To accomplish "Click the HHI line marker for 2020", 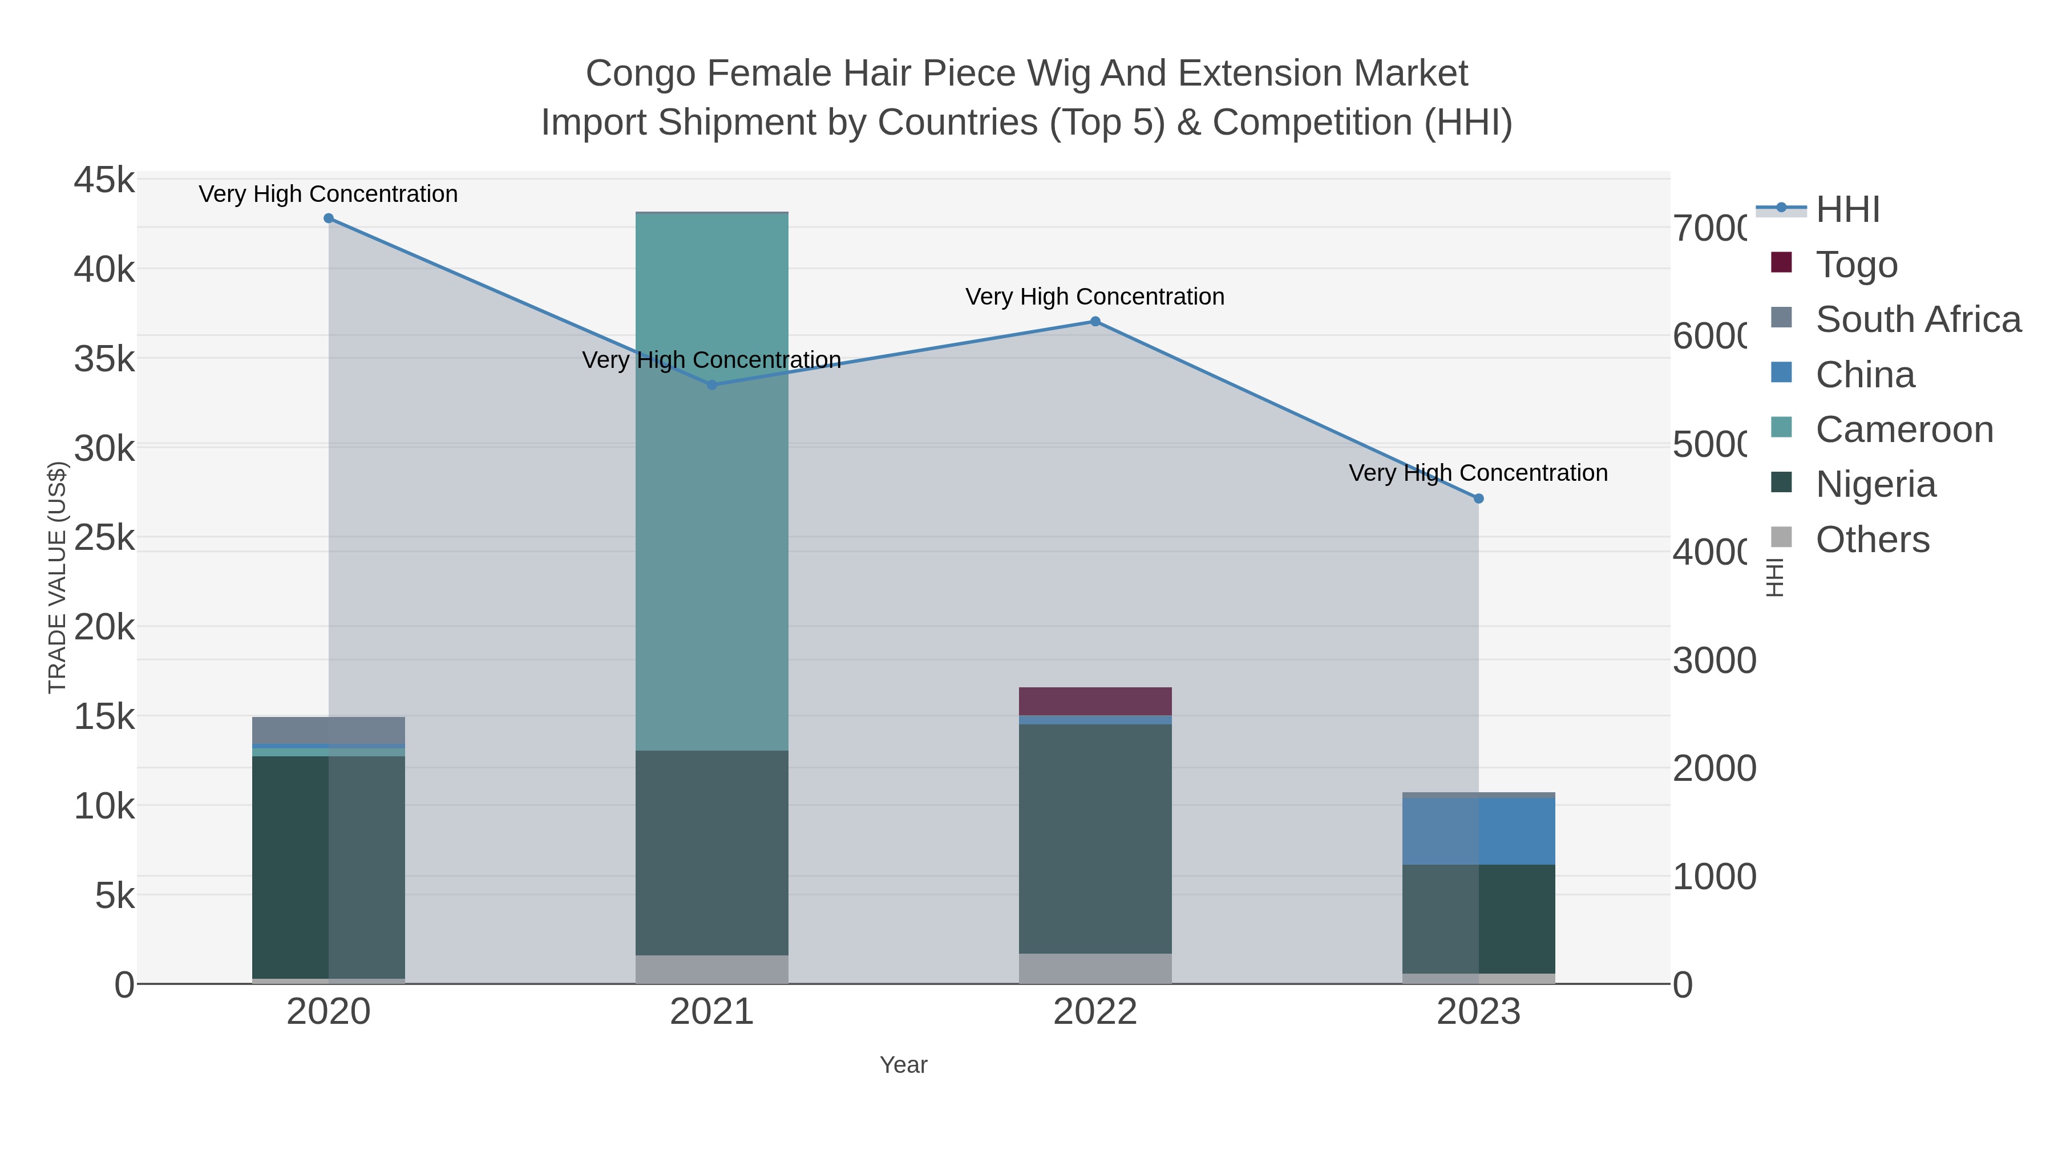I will tap(329, 218).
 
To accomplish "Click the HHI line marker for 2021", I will tap(712, 385).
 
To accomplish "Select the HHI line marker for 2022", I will tap(1095, 321).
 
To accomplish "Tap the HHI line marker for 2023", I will tap(1478, 498).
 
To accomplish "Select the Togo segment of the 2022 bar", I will tap(1095, 702).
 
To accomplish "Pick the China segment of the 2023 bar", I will tap(1478, 830).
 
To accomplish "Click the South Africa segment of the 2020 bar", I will tap(329, 730).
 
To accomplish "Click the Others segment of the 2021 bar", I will tap(712, 969).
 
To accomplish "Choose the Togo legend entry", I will tap(1856, 265).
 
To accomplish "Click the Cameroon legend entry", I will tap(1904, 429).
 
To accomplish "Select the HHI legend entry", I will tap(1847, 210).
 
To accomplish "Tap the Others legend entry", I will tap(1872, 540).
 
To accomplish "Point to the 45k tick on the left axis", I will tap(104, 180).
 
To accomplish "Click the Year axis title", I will tap(903, 1065).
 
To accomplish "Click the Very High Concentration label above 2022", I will tap(1095, 297).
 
